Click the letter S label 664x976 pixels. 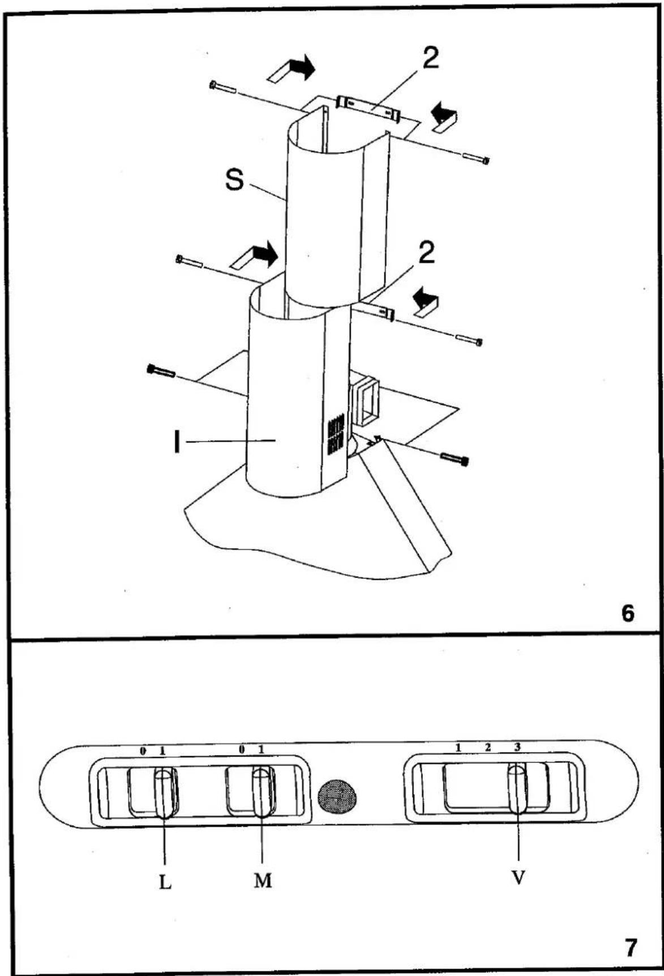(234, 180)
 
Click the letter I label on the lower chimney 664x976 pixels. (177, 441)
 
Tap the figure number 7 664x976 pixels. (630, 947)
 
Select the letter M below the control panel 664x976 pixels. (263, 880)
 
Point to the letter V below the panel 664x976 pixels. (518, 877)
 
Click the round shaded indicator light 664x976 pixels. (337, 797)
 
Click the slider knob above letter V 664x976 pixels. (517, 789)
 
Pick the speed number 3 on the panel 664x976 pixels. (517, 747)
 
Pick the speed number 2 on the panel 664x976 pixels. (488, 747)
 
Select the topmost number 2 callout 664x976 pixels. (430, 58)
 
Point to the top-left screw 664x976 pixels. (222, 87)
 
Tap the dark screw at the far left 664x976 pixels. (161, 371)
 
